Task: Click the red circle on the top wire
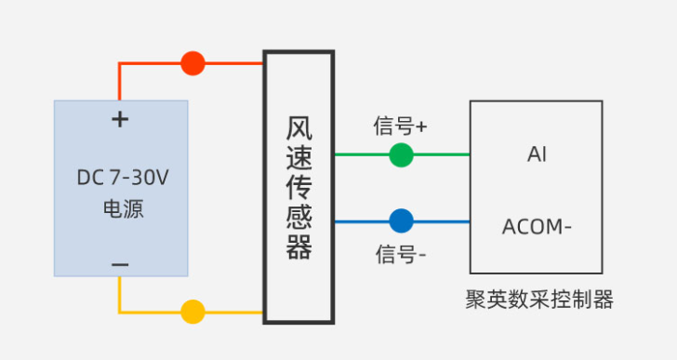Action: [x=192, y=63]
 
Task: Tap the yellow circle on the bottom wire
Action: [x=192, y=312]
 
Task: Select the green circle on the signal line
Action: [x=401, y=154]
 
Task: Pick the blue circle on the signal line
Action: [x=401, y=221]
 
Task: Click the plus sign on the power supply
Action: [x=119, y=119]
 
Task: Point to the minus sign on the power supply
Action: [x=119, y=265]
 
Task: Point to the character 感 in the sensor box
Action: [x=298, y=218]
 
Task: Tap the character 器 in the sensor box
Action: [x=298, y=247]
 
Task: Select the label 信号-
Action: [x=401, y=253]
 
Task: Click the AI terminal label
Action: [x=537, y=154]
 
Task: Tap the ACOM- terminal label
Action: [x=537, y=226]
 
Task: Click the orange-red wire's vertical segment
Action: [x=119, y=81]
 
